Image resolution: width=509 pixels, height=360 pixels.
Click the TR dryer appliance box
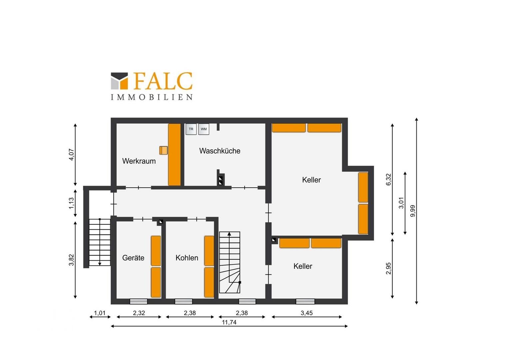pos(191,129)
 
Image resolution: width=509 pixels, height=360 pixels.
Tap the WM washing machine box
pos(204,129)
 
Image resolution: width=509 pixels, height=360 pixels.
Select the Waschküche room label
pos(220,151)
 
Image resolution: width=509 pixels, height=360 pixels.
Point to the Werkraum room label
pos(139,161)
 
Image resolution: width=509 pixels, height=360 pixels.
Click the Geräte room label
pos(133,258)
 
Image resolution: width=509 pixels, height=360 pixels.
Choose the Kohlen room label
pos(187,258)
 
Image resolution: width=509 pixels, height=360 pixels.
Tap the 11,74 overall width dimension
pos(229,322)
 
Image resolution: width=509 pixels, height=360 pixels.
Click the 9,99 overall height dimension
pos(413,211)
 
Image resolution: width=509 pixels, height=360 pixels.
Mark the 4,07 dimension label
pos(71,155)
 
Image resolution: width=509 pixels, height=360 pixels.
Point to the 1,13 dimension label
pos(71,203)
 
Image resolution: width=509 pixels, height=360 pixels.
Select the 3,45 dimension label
pos(306,313)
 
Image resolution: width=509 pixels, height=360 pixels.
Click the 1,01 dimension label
pos(100,313)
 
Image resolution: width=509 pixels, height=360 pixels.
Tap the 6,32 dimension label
pos(388,180)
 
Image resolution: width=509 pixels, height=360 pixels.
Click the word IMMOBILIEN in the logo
pos(152,97)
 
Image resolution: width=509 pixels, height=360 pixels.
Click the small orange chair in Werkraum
pos(163,150)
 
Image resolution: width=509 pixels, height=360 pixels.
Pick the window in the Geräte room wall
pos(138,302)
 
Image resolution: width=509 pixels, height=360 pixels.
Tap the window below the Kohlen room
pos(183,302)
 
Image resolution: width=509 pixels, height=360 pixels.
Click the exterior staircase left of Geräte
pos(100,242)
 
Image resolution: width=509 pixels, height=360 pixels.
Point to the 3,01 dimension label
pos(401,203)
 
